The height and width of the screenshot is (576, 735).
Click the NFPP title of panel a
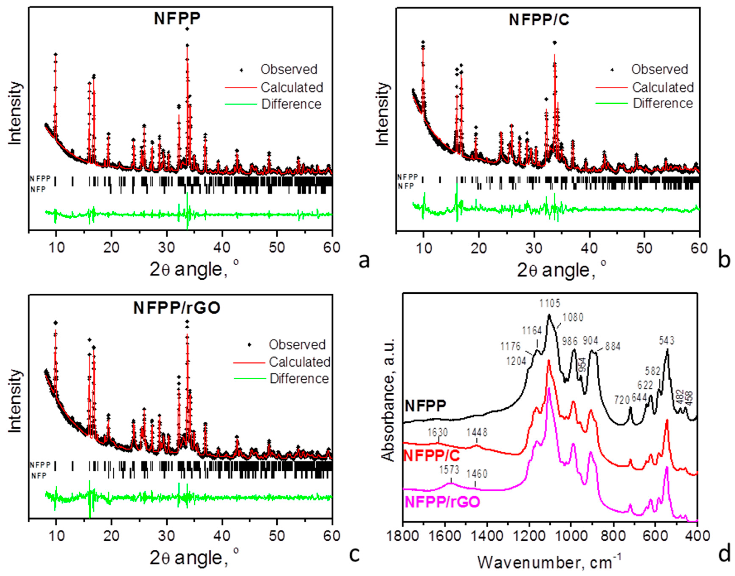(x=177, y=18)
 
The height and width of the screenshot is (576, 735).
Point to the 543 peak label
(x=667, y=341)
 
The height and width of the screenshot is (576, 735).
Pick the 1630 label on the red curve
(x=438, y=432)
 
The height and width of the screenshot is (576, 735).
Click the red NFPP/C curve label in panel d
(x=432, y=456)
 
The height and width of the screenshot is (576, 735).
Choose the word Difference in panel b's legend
(x=663, y=103)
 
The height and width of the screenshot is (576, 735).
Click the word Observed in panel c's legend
(x=297, y=345)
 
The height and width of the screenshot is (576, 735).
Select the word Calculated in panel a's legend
(x=292, y=87)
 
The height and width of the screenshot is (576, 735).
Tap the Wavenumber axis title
(x=550, y=562)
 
